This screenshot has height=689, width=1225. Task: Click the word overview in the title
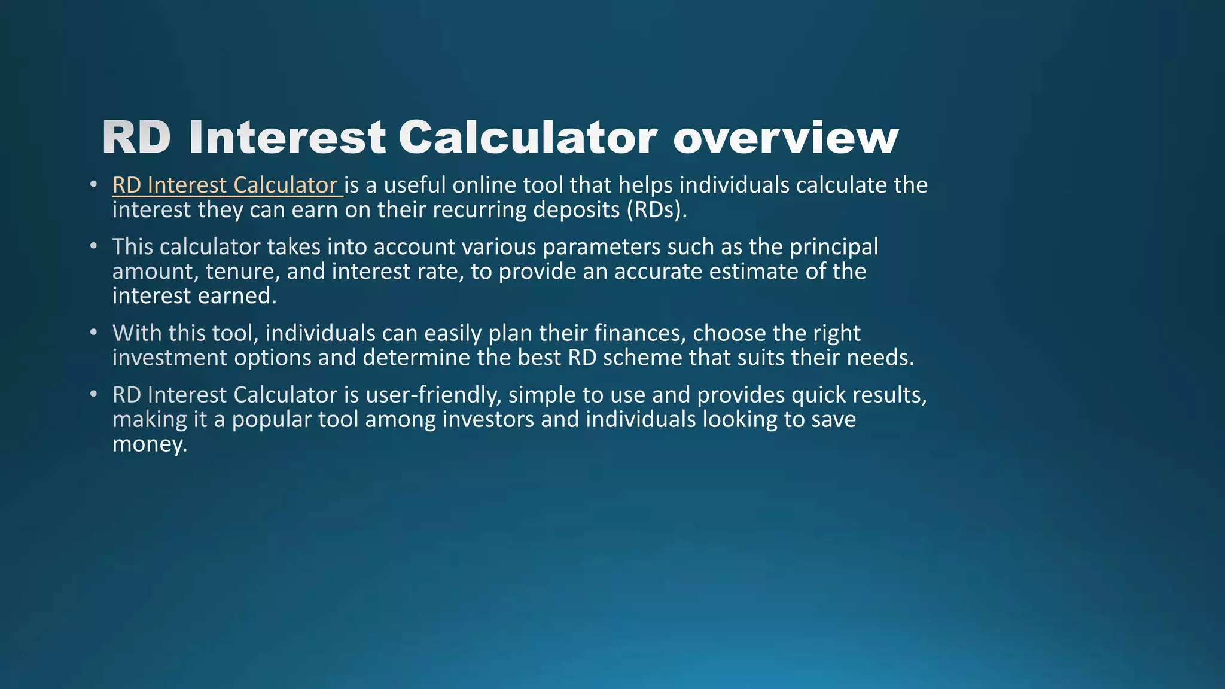pyautogui.click(x=785, y=138)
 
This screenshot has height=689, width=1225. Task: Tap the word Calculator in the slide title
pyautogui.click(x=528, y=137)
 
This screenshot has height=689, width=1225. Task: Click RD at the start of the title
pyautogui.click(x=136, y=137)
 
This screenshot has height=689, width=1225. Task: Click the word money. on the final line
pyautogui.click(x=150, y=444)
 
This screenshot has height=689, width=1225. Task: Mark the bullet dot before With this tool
pyautogui.click(x=93, y=332)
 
